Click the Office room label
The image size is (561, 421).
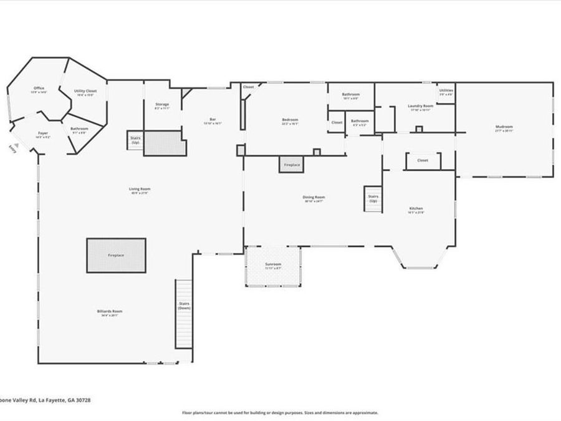click(x=39, y=89)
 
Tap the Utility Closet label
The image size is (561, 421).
click(x=85, y=91)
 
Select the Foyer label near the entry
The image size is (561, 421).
click(x=43, y=133)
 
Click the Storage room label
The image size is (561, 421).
click(x=162, y=104)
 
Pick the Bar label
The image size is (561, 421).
click(x=213, y=119)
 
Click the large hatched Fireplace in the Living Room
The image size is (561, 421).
click(x=116, y=255)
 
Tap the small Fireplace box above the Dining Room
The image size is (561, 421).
click(x=292, y=165)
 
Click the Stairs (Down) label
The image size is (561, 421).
click(x=185, y=306)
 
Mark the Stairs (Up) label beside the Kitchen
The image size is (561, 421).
click(x=373, y=198)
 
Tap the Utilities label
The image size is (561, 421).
click(x=446, y=90)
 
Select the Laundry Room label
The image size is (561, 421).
click(x=420, y=106)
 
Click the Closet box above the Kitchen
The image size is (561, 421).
click(x=422, y=160)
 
